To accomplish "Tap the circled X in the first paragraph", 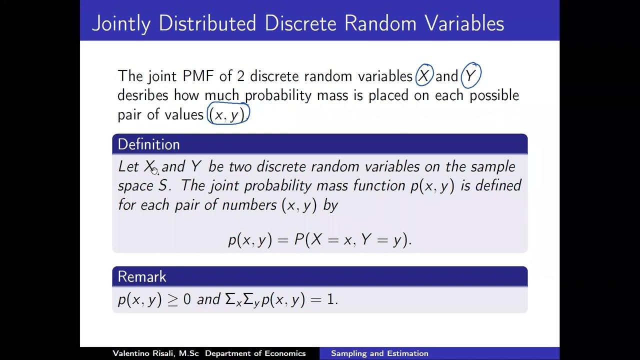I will click(x=424, y=76).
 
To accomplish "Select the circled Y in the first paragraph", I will click(x=470, y=76).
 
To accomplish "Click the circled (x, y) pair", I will click(x=228, y=114).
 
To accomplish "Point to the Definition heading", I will click(x=148, y=144).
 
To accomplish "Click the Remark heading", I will click(x=142, y=276).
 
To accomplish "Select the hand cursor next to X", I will click(x=154, y=170).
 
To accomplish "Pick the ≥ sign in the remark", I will click(x=172, y=299).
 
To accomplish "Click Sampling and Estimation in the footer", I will click(x=379, y=353).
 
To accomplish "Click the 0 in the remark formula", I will click(x=187, y=299).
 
